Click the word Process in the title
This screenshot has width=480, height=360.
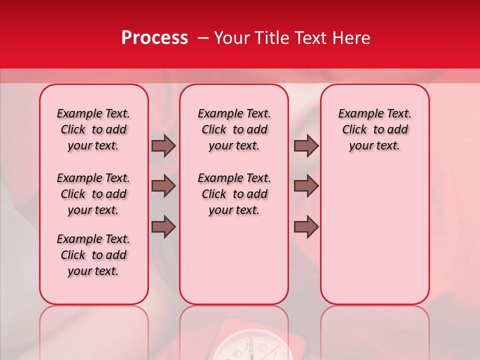click(154, 38)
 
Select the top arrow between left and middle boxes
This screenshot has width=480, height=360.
click(163, 145)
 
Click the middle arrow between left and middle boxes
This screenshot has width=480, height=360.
click(163, 186)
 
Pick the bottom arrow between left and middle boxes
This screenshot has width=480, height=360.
click(163, 227)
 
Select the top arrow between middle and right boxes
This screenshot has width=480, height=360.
click(306, 145)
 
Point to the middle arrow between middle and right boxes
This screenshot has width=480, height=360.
click(306, 186)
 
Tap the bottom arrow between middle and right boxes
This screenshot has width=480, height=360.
click(306, 227)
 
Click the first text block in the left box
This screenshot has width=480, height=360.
click(93, 129)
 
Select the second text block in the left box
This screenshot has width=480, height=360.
click(93, 194)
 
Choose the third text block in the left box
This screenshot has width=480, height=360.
click(93, 255)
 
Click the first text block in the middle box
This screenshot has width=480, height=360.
click(234, 129)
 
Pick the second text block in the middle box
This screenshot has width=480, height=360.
click(234, 194)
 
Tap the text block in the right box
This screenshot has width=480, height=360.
click(375, 129)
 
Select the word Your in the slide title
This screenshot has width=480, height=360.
click(230, 38)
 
